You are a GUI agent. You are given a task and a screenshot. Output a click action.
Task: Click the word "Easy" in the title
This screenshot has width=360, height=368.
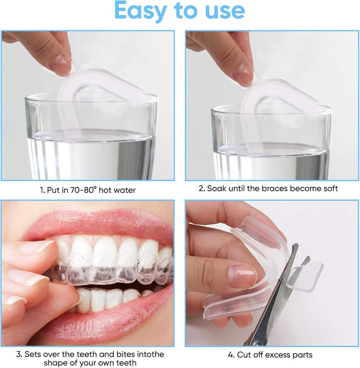(140, 11)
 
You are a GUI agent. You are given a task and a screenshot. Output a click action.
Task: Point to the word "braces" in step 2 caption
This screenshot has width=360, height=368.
(274, 188)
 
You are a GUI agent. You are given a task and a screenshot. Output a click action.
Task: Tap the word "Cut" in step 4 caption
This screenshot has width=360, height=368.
(243, 355)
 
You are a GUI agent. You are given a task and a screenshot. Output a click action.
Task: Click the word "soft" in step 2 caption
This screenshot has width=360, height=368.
(330, 188)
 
